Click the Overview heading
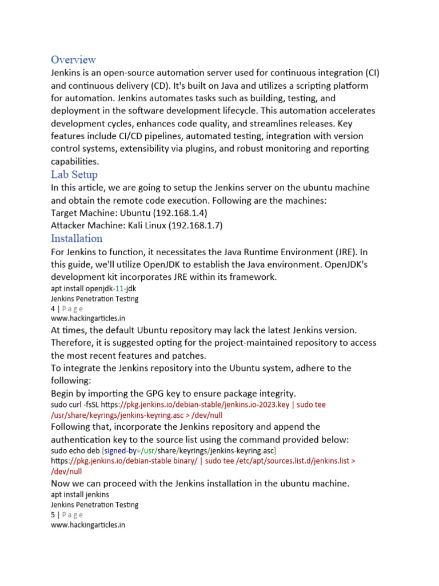tap(73, 60)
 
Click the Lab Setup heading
tap(74, 175)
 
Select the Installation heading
tap(77, 239)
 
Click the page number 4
tap(53, 309)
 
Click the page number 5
tap(53, 515)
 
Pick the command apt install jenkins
tap(80, 494)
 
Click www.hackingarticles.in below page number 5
tap(88, 525)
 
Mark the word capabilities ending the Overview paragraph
tap(74, 161)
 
